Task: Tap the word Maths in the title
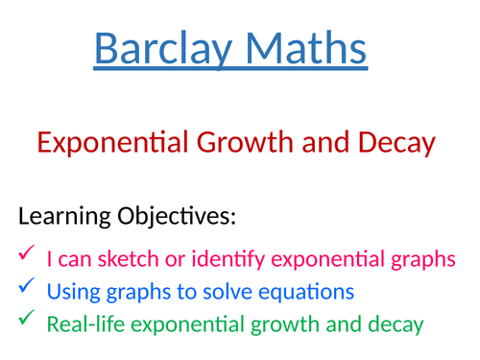click(301, 49)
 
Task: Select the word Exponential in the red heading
click(103, 143)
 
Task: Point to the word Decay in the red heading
click(389, 143)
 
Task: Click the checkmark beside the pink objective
click(26, 254)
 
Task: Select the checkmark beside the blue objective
click(26, 289)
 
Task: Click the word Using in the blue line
click(69, 291)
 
